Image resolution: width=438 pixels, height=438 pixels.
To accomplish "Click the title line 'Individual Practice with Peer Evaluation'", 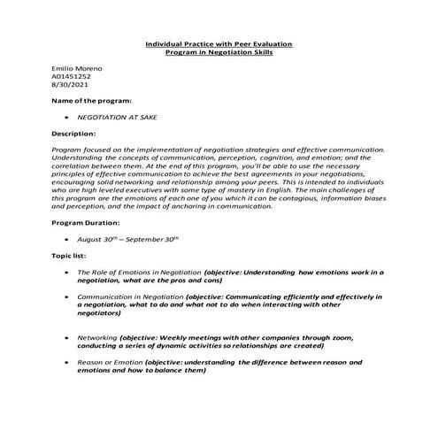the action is pos(219,43).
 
